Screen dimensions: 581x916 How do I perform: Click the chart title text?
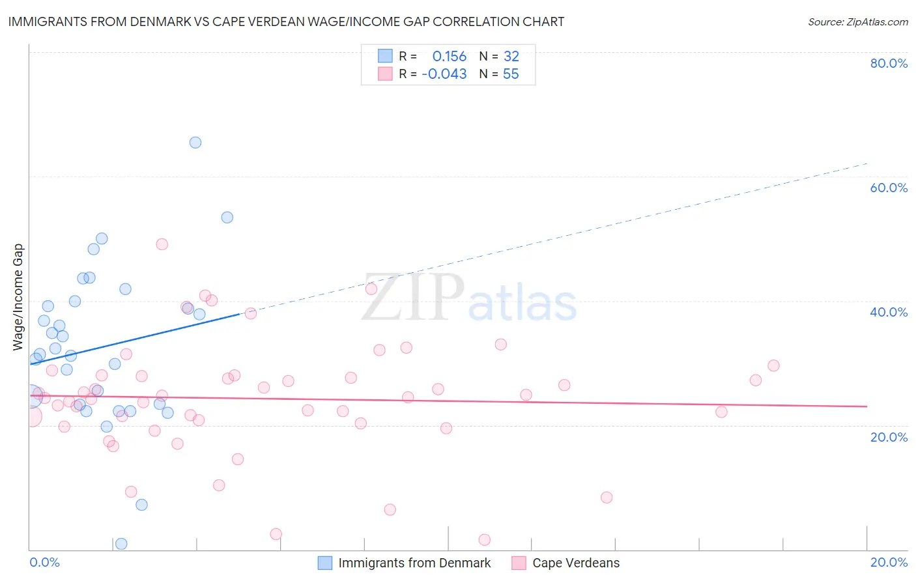click(x=286, y=21)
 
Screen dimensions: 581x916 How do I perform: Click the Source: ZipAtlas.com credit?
click(x=857, y=21)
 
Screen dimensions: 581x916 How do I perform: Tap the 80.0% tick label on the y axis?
click(x=889, y=63)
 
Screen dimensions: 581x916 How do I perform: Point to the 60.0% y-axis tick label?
click(x=889, y=188)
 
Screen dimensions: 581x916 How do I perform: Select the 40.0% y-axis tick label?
click(x=889, y=312)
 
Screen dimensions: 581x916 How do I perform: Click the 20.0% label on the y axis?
click(x=889, y=437)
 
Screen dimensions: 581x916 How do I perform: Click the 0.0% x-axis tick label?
click(x=44, y=562)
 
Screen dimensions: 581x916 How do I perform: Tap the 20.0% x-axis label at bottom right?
click(x=889, y=562)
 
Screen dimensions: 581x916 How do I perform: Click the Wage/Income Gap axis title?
click(x=18, y=297)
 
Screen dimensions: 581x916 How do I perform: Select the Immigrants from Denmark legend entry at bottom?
click(x=414, y=563)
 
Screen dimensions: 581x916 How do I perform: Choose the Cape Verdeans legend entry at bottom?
click(x=576, y=563)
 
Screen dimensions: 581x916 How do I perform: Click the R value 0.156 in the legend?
click(x=450, y=57)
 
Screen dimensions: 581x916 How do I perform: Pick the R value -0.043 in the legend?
click(x=444, y=74)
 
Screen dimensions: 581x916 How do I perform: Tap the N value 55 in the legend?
click(x=511, y=74)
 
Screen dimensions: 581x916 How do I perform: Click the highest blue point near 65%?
click(x=195, y=143)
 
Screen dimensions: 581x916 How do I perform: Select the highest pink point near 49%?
click(x=162, y=244)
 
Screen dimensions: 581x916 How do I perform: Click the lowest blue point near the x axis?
click(x=121, y=544)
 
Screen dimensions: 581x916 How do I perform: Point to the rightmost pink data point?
click(x=773, y=365)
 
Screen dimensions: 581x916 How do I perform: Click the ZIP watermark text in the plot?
click(x=413, y=298)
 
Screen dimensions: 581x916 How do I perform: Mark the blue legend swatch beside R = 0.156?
click(x=385, y=56)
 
